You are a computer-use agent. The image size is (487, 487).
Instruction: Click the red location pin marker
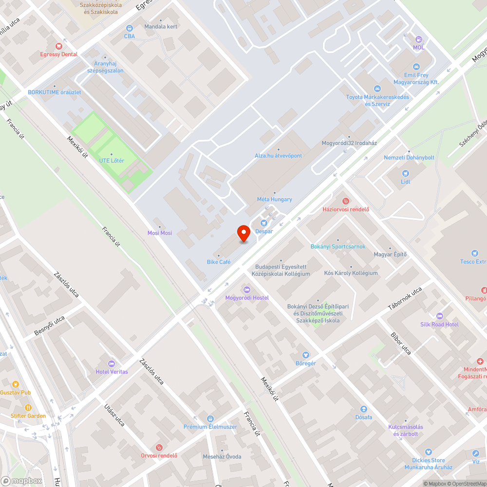pyautogui.click(x=243, y=234)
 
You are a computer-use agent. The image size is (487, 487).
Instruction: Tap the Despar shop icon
pyautogui.click(x=265, y=223)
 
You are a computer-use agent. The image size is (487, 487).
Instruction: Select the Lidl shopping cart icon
pyautogui.click(x=405, y=173)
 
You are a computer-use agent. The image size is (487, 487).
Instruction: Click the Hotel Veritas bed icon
pyautogui.click(x=112, y=363)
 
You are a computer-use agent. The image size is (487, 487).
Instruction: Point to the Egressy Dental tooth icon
pyautogui.click(x=59, y=46)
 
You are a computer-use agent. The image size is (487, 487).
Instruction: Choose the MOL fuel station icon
pyautogui.click(x=418, y=39)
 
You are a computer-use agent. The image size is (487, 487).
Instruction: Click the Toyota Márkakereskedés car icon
pyautogui.click(x=377, y=88)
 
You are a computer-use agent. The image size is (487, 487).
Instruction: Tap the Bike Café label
pyautogui.click(x=218, y=262)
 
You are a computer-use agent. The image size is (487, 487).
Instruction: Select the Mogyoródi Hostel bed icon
pyautogui.click(x=246, y=289)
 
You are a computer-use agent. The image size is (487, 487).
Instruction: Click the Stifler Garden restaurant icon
pyautogui.click(x=28, y=407)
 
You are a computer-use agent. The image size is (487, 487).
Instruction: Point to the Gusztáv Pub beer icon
pyautogui.click(x=16, y=384)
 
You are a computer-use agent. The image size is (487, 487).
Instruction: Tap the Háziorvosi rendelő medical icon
pyautogui.click(x=346, y=201)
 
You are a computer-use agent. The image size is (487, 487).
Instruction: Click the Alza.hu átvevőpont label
pyautogui.click(x=279, y=155)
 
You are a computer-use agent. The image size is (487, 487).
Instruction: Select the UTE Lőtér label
pyautogui.click(x=112, y=160)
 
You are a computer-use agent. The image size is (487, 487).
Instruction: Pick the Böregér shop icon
pyautogui.click(x=306, y=355)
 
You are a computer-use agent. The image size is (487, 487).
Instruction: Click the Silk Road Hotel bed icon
pyautogui.click(x=440, y=316)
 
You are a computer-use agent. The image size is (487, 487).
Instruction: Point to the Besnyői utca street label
pyautogui.click(x=49, y=325)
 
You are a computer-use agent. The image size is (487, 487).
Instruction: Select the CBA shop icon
pyautogui.click(x=129, y=28)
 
